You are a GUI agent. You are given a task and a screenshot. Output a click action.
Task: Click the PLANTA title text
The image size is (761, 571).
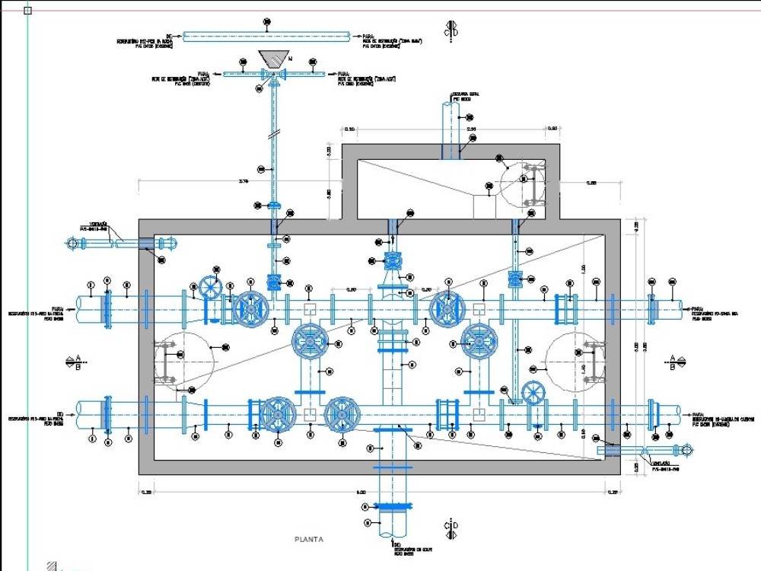point(309,539)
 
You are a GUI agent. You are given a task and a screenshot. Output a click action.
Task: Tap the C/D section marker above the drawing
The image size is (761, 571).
point(451,28)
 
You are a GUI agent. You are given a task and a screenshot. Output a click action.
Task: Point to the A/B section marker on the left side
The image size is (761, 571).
point(75,362)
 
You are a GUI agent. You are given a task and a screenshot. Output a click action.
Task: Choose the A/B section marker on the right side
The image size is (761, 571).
point(673,362)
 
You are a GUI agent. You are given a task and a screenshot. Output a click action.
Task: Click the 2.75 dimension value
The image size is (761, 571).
point(244,181)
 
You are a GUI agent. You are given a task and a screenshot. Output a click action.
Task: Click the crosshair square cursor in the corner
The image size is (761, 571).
point(28,11)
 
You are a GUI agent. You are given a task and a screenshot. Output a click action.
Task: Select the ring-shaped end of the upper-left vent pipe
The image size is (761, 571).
point(72,244)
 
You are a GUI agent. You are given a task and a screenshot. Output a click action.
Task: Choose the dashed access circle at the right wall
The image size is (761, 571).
point(575,361)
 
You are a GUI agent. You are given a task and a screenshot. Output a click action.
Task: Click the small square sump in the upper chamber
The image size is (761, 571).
point(484,205)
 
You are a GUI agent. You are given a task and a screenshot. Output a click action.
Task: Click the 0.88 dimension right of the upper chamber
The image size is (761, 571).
point(591,183)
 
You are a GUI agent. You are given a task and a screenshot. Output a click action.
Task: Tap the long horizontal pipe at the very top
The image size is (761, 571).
point(266,35)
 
